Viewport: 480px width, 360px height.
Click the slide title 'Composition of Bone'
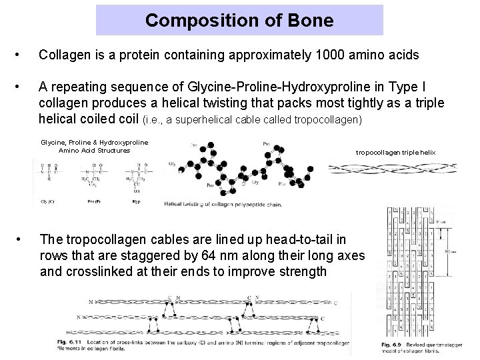pos(239,20)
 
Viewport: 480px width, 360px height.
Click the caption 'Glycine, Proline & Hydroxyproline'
pos(95,142)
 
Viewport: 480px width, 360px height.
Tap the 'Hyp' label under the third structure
pos(137,200)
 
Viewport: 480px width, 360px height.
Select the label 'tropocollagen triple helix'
pos(395,153)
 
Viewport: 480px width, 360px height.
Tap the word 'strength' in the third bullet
pos(303,271)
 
